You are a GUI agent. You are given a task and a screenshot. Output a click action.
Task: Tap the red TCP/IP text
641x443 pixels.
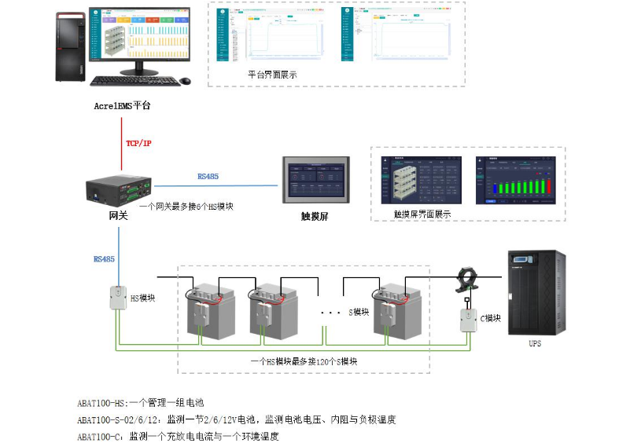(139, 144)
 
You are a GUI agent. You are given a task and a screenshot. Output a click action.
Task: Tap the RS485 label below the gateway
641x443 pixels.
(105, 258)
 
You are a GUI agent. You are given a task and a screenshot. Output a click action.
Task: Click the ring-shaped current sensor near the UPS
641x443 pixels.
(467, 280)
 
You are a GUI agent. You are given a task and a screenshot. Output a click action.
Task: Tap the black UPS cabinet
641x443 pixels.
(536, 291)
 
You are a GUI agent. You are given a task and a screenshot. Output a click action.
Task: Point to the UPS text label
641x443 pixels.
(535, 343)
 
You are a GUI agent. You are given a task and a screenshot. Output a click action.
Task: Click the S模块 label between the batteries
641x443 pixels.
(359, 312)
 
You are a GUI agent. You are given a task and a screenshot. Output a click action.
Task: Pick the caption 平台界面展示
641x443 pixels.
(272, 74)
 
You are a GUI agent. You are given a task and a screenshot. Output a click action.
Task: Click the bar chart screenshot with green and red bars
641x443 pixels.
(516, 179)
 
